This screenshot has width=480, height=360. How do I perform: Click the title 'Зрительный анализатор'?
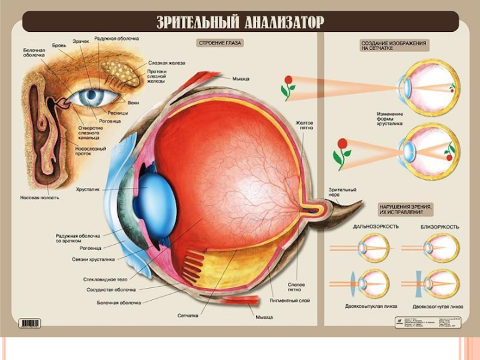pyautogui.click(x=240, y=23)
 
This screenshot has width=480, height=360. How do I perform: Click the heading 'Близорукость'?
pyautogui.click(x=439, y=227)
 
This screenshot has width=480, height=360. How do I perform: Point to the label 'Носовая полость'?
pyautogui.click(x=40, y=198)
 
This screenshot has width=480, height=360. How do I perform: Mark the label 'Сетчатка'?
pyautogui.click(x=188, y=314)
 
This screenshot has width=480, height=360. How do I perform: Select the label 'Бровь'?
pyautogui.click(x=59, y=45)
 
